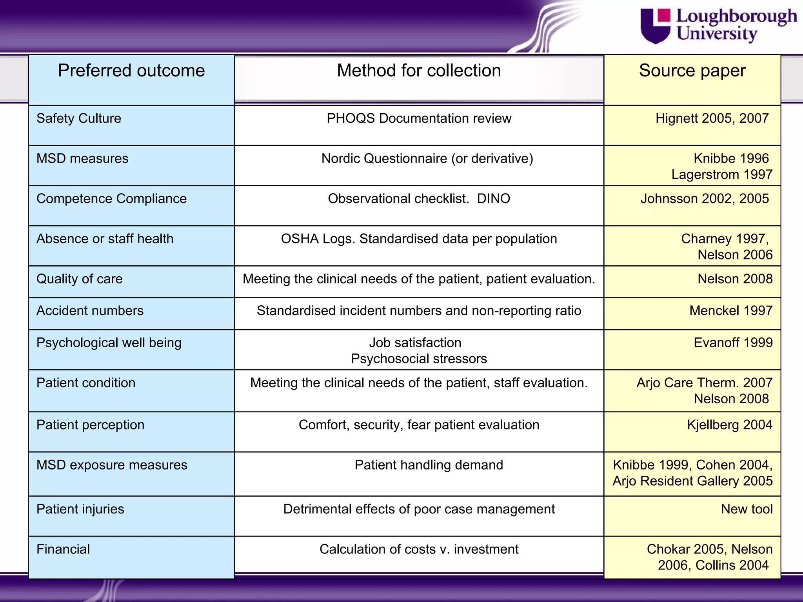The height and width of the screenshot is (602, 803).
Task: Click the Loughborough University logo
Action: [x=718, y=25]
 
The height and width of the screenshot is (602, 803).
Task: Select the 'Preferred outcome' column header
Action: [x=131, y=71]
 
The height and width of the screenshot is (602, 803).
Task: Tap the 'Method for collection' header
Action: [x=419, y=71]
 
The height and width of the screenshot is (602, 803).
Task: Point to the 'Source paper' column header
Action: [x=692, y=71]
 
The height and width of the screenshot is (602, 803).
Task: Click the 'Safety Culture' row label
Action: [x=79, y=118]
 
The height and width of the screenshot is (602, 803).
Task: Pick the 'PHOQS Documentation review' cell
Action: [x=419, y=118]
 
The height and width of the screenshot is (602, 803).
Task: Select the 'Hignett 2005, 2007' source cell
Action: [x=712, y=118]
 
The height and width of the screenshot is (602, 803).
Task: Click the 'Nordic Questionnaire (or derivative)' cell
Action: [x=427, y=158]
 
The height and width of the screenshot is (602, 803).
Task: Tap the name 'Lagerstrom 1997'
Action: [x=721, y=174]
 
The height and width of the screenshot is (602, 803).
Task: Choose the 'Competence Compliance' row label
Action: [x=111, y=199]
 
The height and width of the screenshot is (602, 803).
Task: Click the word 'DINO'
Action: [x=493, y=199]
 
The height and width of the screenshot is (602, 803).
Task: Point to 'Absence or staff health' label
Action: [x=105, y=239]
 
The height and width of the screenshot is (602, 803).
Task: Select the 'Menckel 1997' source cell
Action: [x=731, y=311]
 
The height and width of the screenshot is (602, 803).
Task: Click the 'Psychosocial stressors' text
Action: [x=419, y=359]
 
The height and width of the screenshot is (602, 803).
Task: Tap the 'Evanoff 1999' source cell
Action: [x=733, y=343]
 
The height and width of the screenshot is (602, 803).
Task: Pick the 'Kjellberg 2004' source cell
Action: [x=729, y=425]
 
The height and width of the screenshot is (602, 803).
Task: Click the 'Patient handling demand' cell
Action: [x=429, y=465]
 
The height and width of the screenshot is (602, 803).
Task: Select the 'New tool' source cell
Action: [x=747, y=509]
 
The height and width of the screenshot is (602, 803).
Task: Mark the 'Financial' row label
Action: [x=63, y=549]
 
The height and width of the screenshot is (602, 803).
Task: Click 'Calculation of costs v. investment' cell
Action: [x=419, y=549]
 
